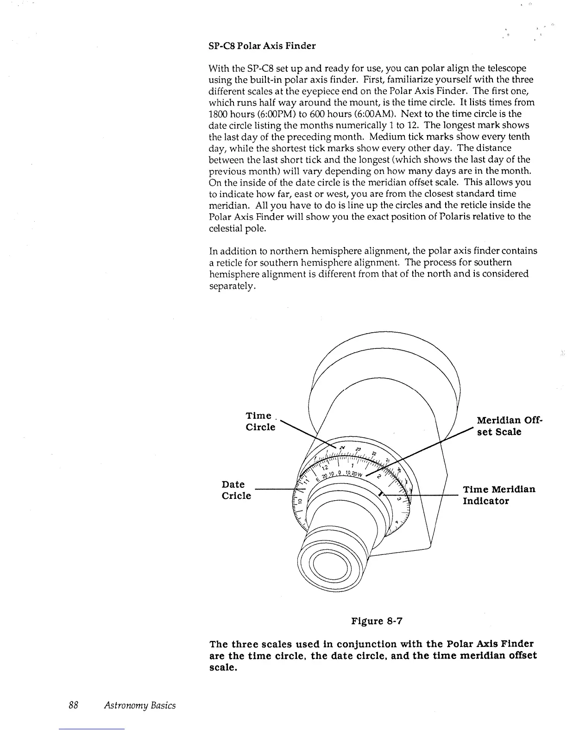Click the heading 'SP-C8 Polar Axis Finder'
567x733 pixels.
(263, 46)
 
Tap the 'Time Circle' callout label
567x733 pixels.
(260, 421)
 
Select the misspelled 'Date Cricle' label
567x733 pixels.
(236, 490)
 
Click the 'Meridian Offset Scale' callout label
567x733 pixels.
(508, 426)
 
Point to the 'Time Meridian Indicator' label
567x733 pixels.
(499, 495)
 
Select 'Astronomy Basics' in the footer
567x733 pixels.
(140, 705)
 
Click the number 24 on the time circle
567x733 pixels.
(342, 448)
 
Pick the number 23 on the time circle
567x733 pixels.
(358, 449)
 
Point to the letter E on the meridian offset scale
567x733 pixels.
(318, 480)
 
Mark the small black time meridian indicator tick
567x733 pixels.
(381, 494)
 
